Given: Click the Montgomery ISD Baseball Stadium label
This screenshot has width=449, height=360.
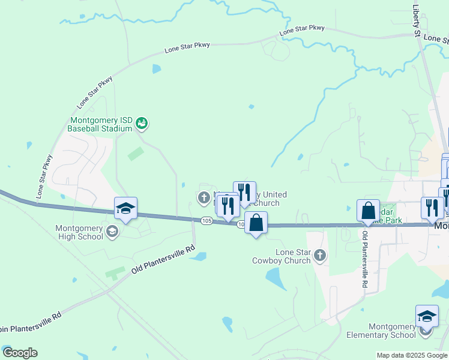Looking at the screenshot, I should coord(100,124).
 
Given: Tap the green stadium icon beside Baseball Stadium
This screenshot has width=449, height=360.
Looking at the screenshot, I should coord(142,124).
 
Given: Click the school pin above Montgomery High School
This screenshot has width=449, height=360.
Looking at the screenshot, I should coord(125,209).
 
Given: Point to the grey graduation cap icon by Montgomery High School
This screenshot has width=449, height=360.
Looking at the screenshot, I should coord(112,232).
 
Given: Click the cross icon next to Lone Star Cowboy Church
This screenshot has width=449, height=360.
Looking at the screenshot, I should coord(320,256).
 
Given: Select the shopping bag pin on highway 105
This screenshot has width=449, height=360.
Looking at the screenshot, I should coord(256,223).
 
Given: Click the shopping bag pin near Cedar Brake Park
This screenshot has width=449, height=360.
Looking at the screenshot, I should coord(368,211).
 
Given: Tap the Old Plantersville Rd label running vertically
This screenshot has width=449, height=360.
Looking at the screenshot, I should coord(364,257).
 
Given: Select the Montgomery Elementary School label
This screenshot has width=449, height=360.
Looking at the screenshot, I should coord(384,331).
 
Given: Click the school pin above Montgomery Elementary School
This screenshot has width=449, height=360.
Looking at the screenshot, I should coord(427,316).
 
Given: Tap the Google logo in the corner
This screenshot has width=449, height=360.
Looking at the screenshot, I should coord(20,353).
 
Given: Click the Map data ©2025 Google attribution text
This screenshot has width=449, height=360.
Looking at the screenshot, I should coord(411,355).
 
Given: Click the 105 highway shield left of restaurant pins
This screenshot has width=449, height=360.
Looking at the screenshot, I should coord(206,221).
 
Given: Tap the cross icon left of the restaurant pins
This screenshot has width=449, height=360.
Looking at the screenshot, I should coord(203,197).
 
